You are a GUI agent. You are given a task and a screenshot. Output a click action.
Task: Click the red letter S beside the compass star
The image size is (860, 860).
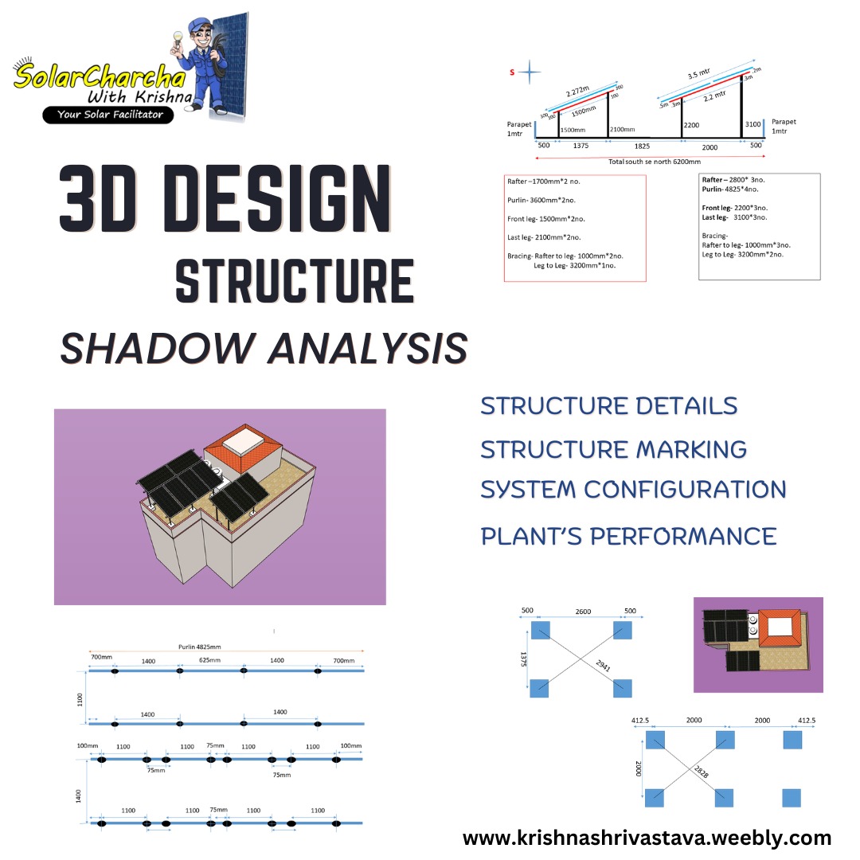(x=512, y=72)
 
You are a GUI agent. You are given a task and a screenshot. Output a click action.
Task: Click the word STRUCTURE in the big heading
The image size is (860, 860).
(x=294, y=280)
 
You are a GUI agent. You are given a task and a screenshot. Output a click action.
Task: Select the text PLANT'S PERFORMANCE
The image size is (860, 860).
(x=628, y=536)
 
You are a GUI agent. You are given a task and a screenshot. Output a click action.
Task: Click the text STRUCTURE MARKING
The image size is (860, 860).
(x=613, y=449)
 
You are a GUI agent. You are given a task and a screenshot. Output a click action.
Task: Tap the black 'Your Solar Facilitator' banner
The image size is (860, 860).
(x=108, y=115)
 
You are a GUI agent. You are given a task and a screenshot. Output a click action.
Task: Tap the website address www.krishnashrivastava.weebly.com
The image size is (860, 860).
(x=647, y=838)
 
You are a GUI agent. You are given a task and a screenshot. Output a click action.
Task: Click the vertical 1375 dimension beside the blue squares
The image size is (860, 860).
(x=524, y=658)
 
